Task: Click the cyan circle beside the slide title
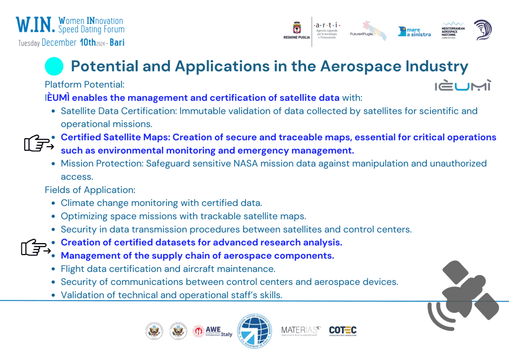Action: pos(54,67)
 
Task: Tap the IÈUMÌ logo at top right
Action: pos(462,86)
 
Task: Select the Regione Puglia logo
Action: pos(297,31)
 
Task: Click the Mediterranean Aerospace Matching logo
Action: pos(453,30)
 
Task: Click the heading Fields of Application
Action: pos(89,190)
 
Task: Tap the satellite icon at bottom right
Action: pos(462,294)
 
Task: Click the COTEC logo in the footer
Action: pos(342,331)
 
